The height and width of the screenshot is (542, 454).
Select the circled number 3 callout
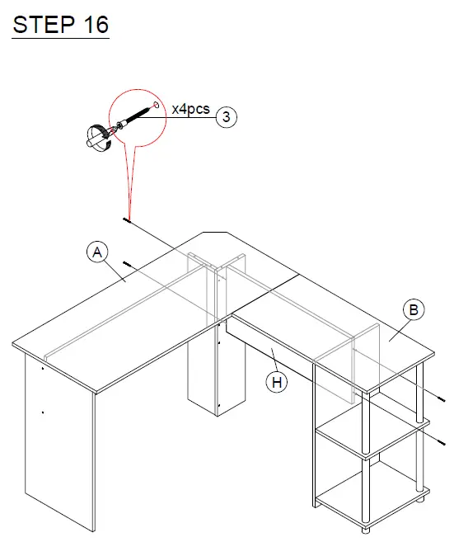click(x=227, y=117)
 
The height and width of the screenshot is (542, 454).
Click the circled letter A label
click(x=97, y=252)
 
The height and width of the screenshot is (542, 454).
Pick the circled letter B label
click(x=414, y=310)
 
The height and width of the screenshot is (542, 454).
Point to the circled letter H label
click(x=277, y=382)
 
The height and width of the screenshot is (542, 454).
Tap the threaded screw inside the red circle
click(x=135, y=116)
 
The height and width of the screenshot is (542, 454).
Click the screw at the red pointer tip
click(x=128, y=219)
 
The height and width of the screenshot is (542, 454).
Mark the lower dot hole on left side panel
click(x=42, y=410)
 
